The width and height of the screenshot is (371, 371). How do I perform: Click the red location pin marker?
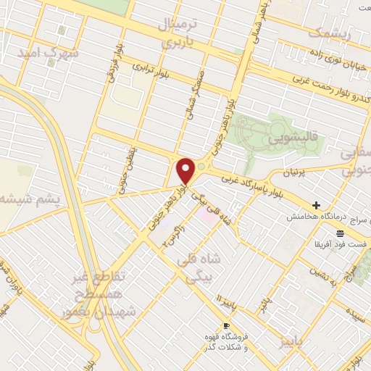coord(186,172)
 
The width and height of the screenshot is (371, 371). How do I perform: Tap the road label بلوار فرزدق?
coord(114,67)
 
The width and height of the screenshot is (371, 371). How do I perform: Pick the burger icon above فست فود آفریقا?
coord(340,230)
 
